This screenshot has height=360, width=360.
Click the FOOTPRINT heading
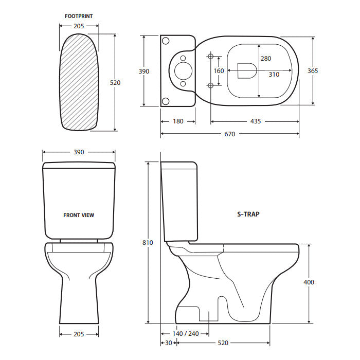pos(79,16)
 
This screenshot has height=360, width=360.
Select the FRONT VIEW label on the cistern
pos(79,215)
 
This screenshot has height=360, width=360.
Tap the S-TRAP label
pos(248,214)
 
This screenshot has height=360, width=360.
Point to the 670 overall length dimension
pos(229,134)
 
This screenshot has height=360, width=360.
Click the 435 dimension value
pos(256,122)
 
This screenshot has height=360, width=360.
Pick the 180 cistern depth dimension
pos(178,122)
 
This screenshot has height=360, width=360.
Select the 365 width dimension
pos(313,71)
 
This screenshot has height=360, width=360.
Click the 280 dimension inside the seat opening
pos(265,59)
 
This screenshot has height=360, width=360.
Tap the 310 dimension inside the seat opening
pos(274,75)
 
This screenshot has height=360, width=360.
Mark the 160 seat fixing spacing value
pos(219,71)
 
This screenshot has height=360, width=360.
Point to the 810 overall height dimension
pos(148,243)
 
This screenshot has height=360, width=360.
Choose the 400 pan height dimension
pos(309,282)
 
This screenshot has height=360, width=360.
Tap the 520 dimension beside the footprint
pos(115,82)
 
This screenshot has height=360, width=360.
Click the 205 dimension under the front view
pos(79,334)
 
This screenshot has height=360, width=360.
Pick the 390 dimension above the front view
pos(79,152)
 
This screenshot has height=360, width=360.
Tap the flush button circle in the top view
pos(182,70)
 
